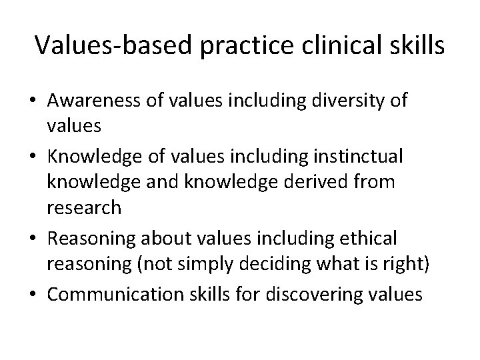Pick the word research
click(84, 208)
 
